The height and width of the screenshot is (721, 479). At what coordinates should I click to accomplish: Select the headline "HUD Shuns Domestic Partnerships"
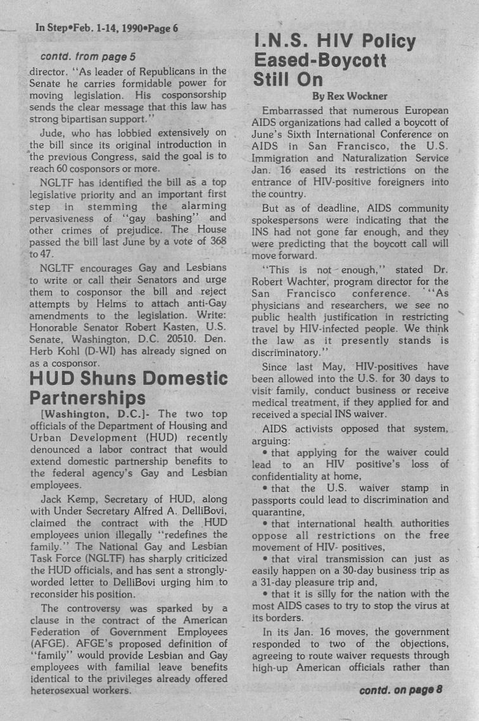coord(129,388)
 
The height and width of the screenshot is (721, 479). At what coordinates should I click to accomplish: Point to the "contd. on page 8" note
coord(400,689)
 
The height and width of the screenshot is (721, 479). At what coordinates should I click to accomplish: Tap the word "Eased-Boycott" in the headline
coord(320,61)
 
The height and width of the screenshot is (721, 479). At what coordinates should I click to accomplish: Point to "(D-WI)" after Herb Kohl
coord(94,351)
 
